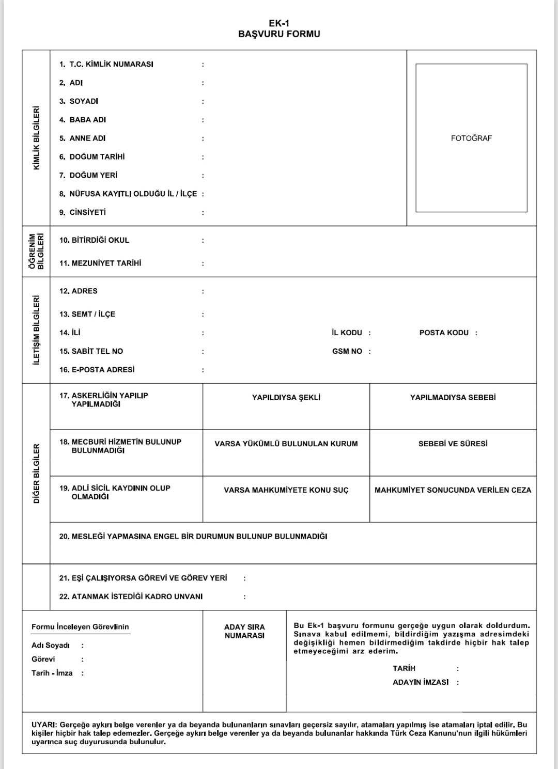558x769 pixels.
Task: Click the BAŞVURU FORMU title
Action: coord(279,34)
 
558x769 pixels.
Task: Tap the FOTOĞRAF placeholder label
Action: coord(471,138)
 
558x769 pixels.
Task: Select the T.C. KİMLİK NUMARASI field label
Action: coord(111,65)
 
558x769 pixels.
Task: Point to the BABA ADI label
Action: coord(87,120)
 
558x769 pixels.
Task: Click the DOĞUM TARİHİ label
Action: coord(97,157)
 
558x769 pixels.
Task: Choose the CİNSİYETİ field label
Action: coord(87,212)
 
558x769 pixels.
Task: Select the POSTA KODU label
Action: coord(444,333)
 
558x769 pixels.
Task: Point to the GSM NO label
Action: coord(347,351)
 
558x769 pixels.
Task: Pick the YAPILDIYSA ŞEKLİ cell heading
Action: coord(286,398)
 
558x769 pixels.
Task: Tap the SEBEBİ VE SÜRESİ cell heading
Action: coord(453,444)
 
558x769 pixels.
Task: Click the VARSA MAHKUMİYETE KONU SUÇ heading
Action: coord(286,490)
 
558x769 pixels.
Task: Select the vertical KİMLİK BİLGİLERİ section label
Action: coord(36,138)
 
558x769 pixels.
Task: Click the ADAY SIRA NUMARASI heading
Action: coord(244,631)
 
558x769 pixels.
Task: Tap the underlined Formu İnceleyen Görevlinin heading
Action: coord(80,627)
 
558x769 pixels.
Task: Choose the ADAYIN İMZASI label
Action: coord(421,682)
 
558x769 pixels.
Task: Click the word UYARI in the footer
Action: coord(42,725)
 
